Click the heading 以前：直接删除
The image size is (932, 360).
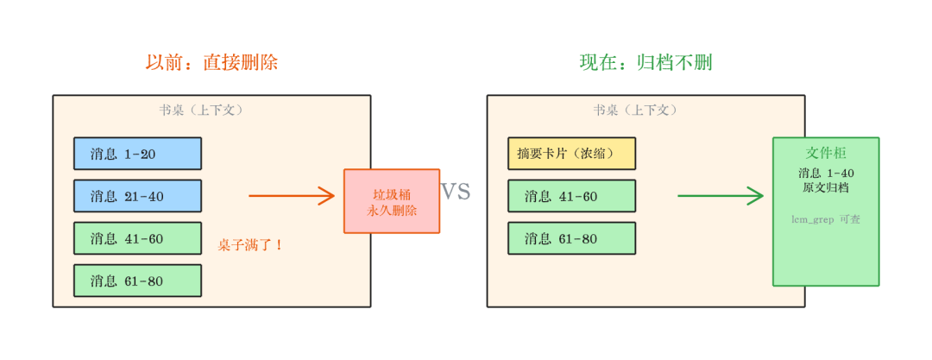(x=211, y=62)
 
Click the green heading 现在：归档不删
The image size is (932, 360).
(x=645, y=62)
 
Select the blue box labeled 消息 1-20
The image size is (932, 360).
(x=137, y=154)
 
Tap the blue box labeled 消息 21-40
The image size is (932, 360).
(x=137, y=196)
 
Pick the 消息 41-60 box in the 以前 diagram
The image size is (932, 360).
(x=137, y=238)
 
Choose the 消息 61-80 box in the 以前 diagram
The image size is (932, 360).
(x=137, y=281)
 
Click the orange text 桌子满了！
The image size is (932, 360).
(x=250, y=245)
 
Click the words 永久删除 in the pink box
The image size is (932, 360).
(x=392, y=211)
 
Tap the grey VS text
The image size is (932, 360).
(x=456, y=192)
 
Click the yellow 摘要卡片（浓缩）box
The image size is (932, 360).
(x=571, y=154)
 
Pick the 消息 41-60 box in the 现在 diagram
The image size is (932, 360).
(x=571, y=196)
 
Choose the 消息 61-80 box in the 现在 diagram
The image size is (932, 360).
(x=571, y=238)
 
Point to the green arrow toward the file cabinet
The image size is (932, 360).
(x=720, y=196)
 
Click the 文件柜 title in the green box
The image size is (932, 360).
(x=826, y=153)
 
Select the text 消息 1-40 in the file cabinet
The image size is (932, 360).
(x=826, y=173)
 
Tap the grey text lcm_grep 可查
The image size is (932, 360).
(x=826, y=219)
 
